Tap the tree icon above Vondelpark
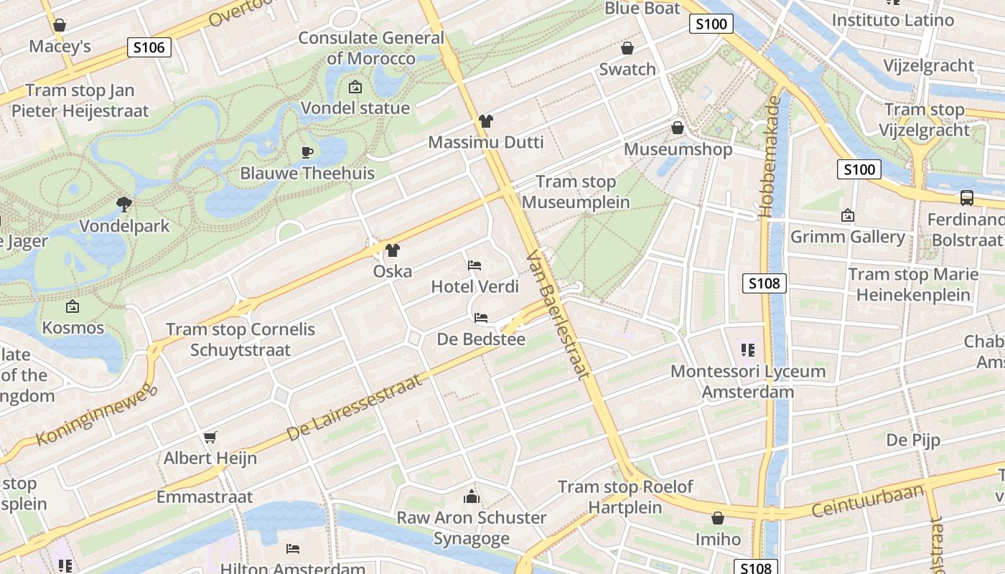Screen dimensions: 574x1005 [x=124, y=204]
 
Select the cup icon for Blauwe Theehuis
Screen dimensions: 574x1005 [x=307, y=152]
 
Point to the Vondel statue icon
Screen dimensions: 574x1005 [x=355, y=88]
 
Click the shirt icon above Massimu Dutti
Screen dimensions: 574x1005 [x=486, y=121]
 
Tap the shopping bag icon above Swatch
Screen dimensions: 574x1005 [x=627, y=48]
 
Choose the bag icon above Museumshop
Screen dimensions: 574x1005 [x=677, y=128]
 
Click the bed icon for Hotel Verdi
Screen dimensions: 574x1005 [x=475, y=265]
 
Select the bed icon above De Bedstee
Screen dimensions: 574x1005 [x=481, y=318]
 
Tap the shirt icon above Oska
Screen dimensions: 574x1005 [x=392, y=250]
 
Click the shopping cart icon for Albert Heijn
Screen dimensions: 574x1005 [x=210, y=437]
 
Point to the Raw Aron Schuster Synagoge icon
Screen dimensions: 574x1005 [x=472, y=496]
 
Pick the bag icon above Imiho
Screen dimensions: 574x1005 [x=717, y=518]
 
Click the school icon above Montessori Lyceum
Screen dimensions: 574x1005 [x=748, y=350]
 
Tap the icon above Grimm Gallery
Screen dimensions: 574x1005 [x=847, y=215]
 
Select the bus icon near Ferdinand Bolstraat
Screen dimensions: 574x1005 [x=967, y=198]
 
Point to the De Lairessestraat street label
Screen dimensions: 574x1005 [x=355, y=407]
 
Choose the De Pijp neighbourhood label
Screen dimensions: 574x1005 [x=913, y=440]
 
